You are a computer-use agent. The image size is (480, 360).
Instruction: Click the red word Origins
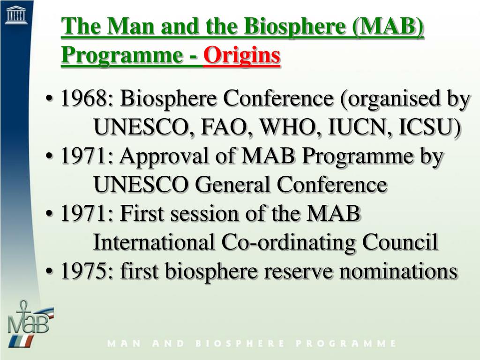(x=242, y=56)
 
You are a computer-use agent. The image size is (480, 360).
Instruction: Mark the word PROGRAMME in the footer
(x=346, y=344)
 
